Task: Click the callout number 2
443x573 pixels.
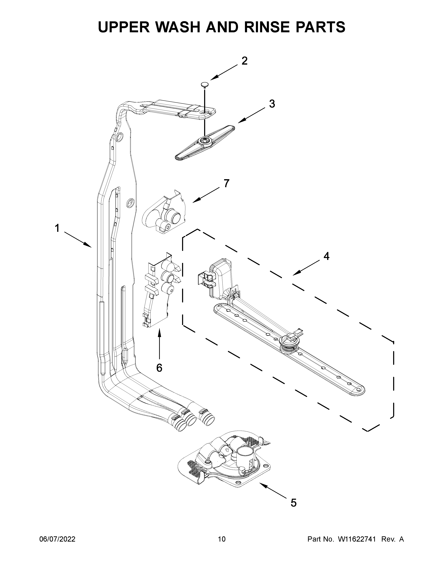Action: coord(244,61)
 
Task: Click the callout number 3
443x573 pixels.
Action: coord(272,104)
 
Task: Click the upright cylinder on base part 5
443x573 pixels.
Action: coord(245,456)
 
